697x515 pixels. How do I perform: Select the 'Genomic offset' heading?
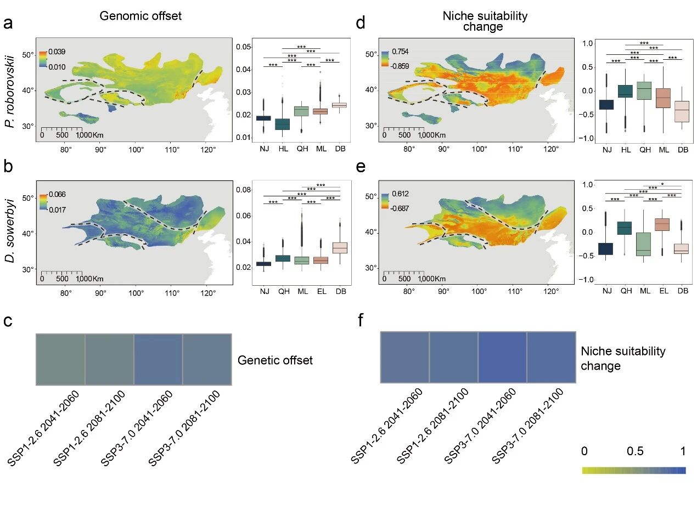point(140,16)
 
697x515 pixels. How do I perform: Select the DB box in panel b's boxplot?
point(340,247)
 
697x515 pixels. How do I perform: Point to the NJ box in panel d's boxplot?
point(606,105)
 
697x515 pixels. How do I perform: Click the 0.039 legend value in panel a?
point(57,52)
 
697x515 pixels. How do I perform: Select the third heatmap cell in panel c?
point(158,359)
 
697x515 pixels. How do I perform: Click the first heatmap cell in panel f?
point(404,357)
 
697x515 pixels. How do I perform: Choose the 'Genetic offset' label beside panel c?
point(275,360)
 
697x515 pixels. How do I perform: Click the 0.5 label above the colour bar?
point(635,451)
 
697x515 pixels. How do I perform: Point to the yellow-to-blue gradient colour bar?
point(634,470)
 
